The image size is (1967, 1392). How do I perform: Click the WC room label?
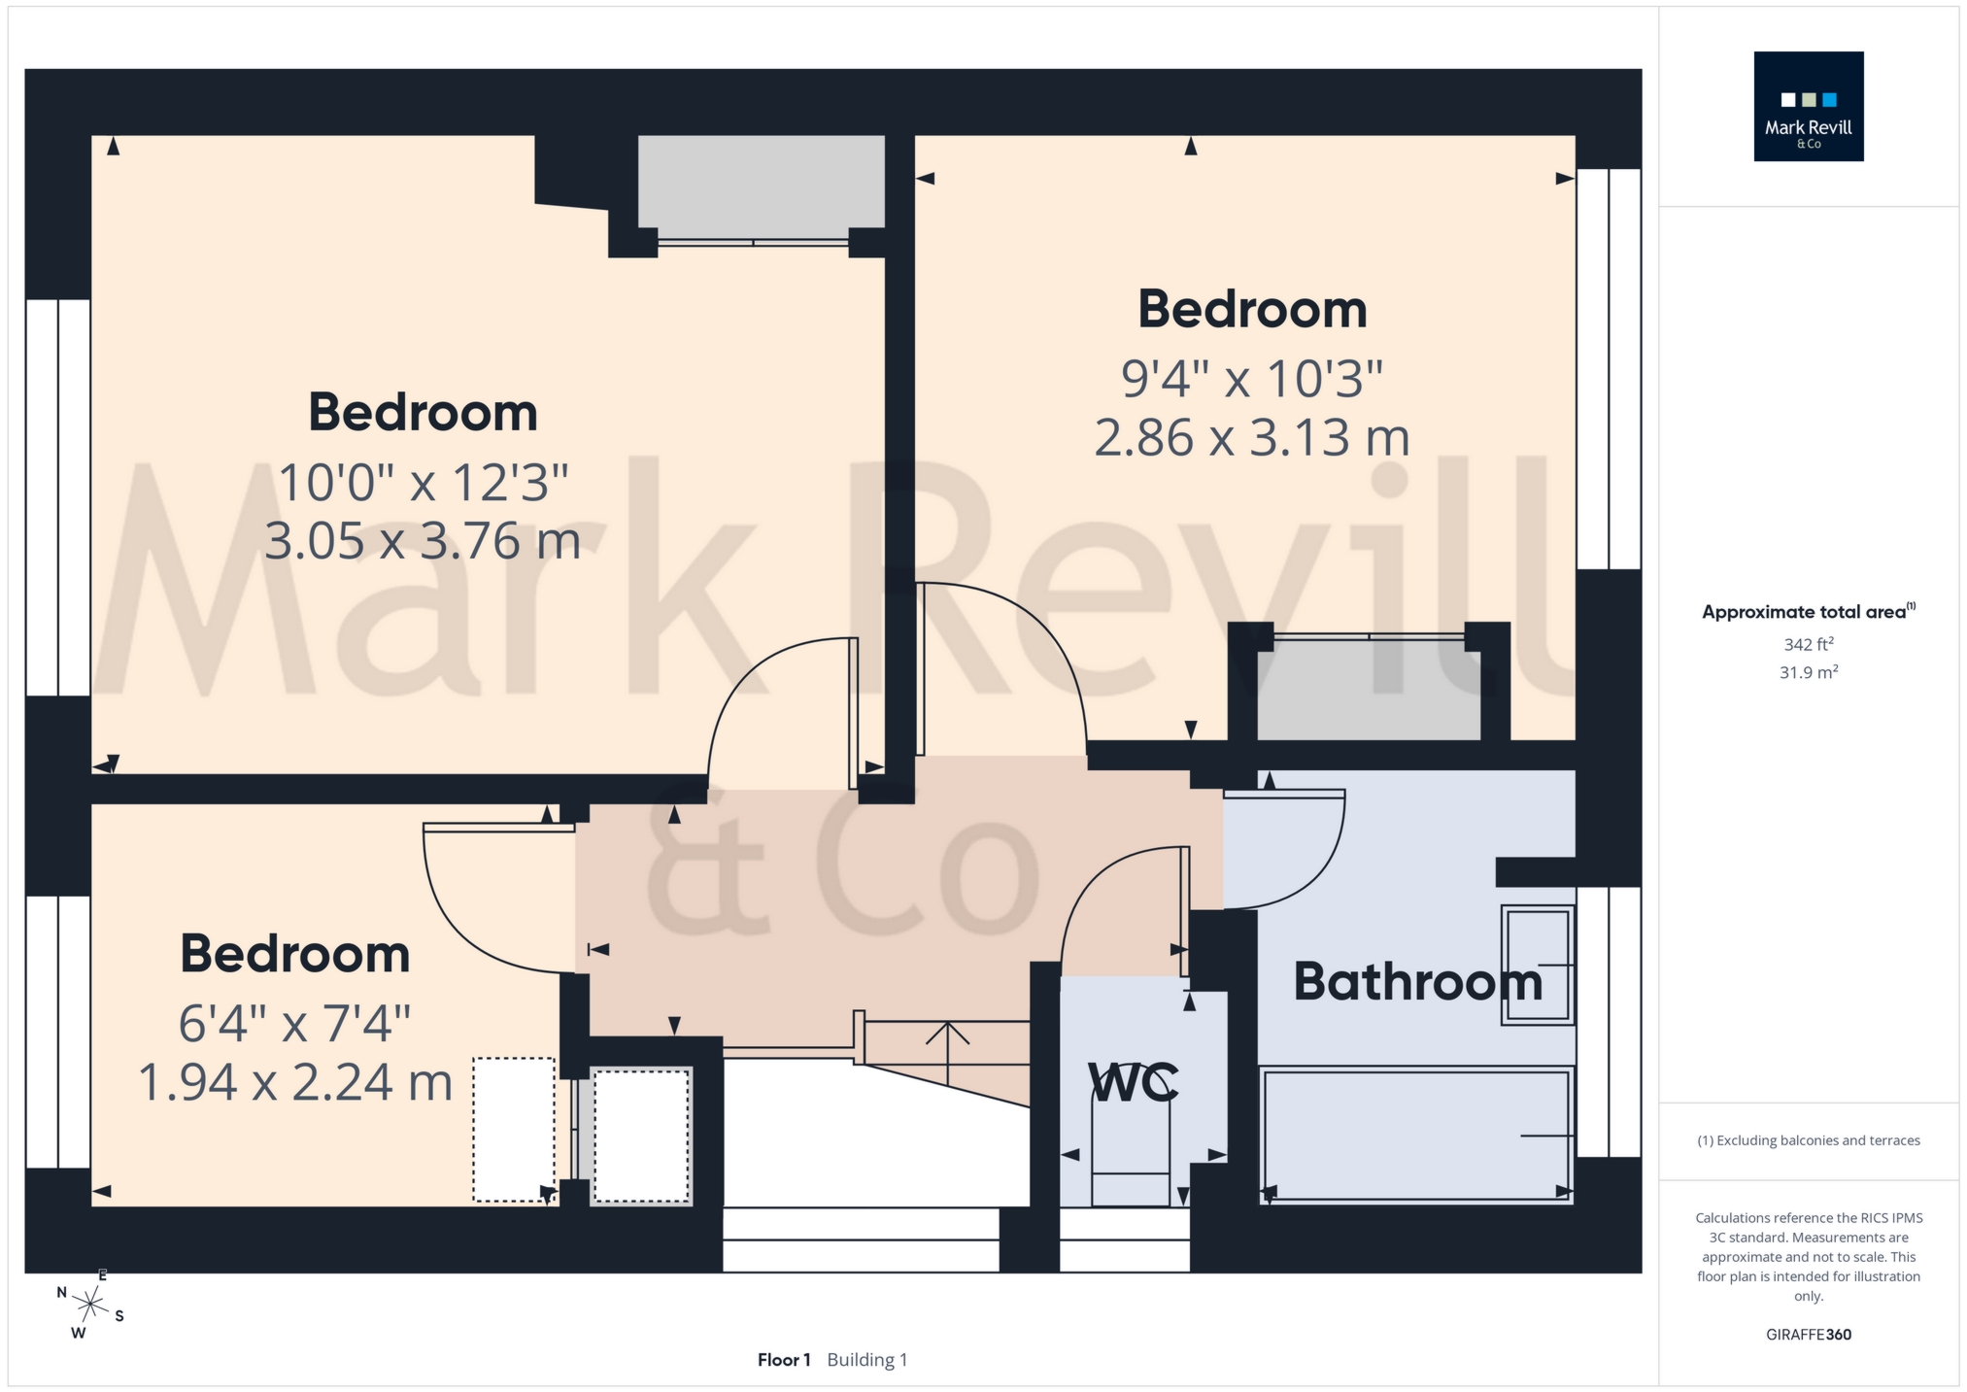[1133, 1082]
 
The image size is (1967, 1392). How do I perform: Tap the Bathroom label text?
[1417, 981]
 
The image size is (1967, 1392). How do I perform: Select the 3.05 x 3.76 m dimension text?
[423, 540]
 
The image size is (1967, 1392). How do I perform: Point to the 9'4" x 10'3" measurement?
[1252, 378]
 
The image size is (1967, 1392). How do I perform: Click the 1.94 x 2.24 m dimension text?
[295, 1082]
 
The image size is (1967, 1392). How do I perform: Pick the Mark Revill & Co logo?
[1808, 106]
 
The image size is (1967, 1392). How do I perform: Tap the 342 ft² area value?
[1808, 644]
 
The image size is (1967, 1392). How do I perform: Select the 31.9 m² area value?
[1808, 672]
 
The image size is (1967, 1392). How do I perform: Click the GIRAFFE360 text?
[1808, 1335]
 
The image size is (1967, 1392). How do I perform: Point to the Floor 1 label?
[784, 1360]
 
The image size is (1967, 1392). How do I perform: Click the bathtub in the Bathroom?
[1415, 1135]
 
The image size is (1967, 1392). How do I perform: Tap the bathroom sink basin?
[1538, 965]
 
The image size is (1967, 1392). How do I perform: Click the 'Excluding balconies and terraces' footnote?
[1808, 1140]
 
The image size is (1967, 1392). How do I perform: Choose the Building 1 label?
[866, 1360]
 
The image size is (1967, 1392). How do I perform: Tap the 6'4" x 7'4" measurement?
[295, 1022]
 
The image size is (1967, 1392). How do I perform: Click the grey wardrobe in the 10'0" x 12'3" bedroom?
[761, 182]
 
